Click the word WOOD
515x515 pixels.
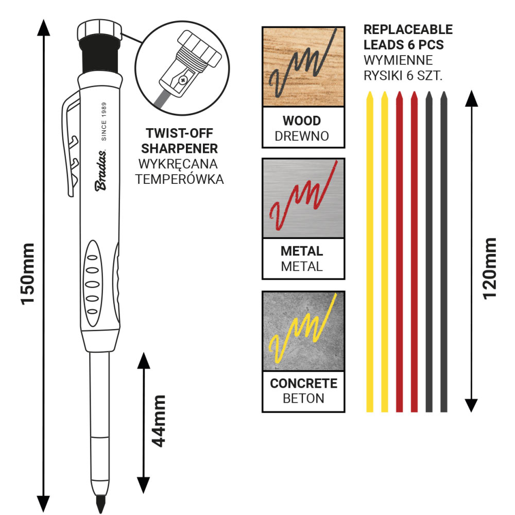(302, 121)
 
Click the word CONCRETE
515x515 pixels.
(303, 384)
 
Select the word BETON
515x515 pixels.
(303, 398)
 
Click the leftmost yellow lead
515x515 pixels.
(369, 252)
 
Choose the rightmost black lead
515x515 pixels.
(444, 252)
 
